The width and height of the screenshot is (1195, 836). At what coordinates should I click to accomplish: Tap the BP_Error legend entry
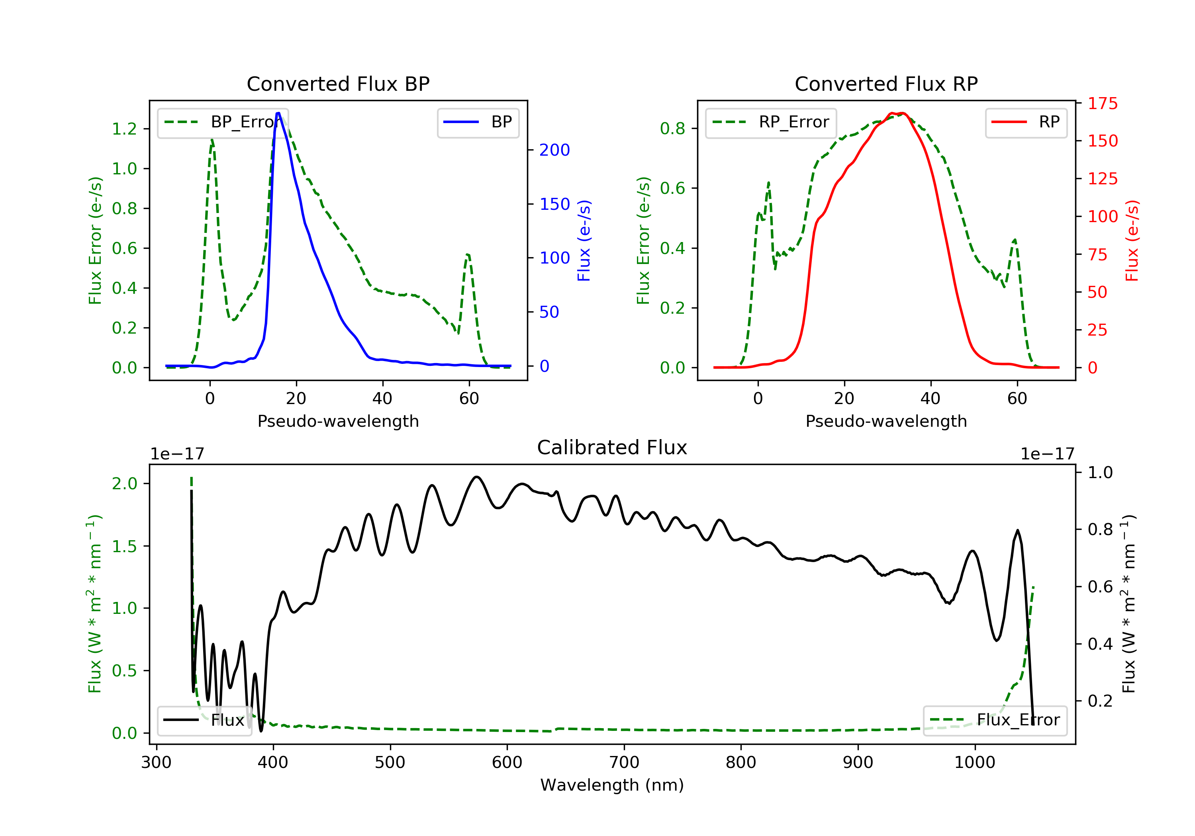tap(223, 122)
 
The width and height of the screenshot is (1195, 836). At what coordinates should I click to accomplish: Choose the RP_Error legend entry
tap(771, 122)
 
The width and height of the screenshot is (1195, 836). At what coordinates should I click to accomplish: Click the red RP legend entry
tap(1026, 122)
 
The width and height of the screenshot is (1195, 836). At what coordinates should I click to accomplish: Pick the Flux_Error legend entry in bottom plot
tap(995, 720)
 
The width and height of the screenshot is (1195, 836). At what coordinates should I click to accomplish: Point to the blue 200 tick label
tap(554, 150)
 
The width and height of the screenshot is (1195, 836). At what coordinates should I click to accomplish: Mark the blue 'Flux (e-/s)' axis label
tap(584, 240)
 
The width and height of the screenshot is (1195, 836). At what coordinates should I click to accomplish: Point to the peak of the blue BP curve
tap(278, 113)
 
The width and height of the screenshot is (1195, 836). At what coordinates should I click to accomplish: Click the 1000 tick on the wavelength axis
tap(974, 763)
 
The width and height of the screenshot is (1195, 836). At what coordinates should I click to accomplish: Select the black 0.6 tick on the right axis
tap(1100, 587)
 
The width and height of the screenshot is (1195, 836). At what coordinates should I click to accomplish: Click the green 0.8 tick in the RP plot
tap(672, 129)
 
